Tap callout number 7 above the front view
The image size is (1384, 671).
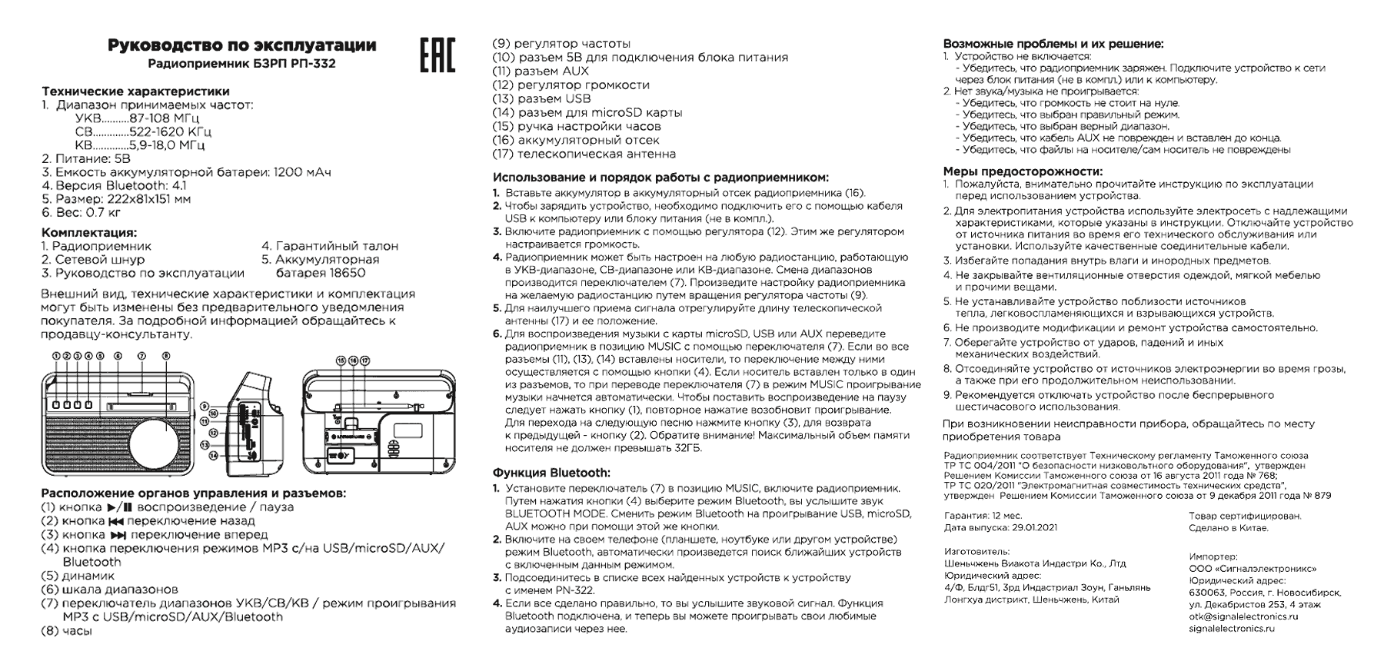coord(141,357)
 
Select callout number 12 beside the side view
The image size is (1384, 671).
coord(205,433)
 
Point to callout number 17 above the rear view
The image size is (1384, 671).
coord(365,360)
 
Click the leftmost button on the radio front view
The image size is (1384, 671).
coord(56,404)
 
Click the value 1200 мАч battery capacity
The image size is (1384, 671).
coord(302,172)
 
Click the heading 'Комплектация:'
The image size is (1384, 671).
coord(89,232)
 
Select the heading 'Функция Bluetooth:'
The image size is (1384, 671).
coord(551,473)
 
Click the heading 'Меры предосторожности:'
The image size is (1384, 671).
coord(1023,171)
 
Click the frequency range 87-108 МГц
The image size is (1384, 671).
coord(165,118)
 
